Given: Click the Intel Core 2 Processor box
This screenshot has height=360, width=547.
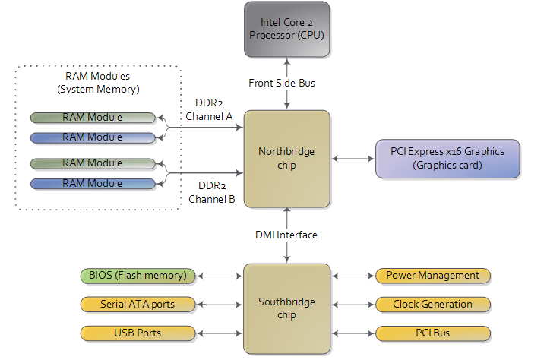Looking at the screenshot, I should (286, 28).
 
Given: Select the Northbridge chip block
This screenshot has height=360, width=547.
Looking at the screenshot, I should (286, 159).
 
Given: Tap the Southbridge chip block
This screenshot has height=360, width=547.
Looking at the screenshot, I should (286, 308).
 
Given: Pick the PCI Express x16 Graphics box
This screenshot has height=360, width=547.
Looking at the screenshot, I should (447, 159).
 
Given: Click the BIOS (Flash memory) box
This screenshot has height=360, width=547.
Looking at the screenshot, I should (138, 275).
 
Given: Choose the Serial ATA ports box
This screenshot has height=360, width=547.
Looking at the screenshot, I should (138, 305).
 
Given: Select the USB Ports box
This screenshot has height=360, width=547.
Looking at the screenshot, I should (138, 333).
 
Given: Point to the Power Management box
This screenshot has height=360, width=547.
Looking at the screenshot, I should (433, 275).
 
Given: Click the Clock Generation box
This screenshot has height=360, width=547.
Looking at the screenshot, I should (433, 305).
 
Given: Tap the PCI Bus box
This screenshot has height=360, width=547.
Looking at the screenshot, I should (433, 333).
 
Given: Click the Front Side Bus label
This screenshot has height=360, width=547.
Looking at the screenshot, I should (281, 83).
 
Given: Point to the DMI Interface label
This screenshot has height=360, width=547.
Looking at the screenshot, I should (286, 235).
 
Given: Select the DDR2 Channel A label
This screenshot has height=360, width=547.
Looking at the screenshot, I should (209, 109).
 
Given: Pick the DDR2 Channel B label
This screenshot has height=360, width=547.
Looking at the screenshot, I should (210, 193).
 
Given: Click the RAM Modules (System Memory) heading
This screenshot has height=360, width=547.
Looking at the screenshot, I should (97, 83).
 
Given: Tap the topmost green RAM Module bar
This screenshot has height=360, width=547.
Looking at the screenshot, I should (93, 118).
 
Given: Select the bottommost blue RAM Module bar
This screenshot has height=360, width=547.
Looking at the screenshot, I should (93, 184).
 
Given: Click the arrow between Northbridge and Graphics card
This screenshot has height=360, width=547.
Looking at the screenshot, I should (353, 159).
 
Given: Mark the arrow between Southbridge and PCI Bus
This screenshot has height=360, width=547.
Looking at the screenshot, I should (353, 333).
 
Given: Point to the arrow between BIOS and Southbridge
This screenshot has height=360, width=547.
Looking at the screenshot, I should (220, 275).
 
